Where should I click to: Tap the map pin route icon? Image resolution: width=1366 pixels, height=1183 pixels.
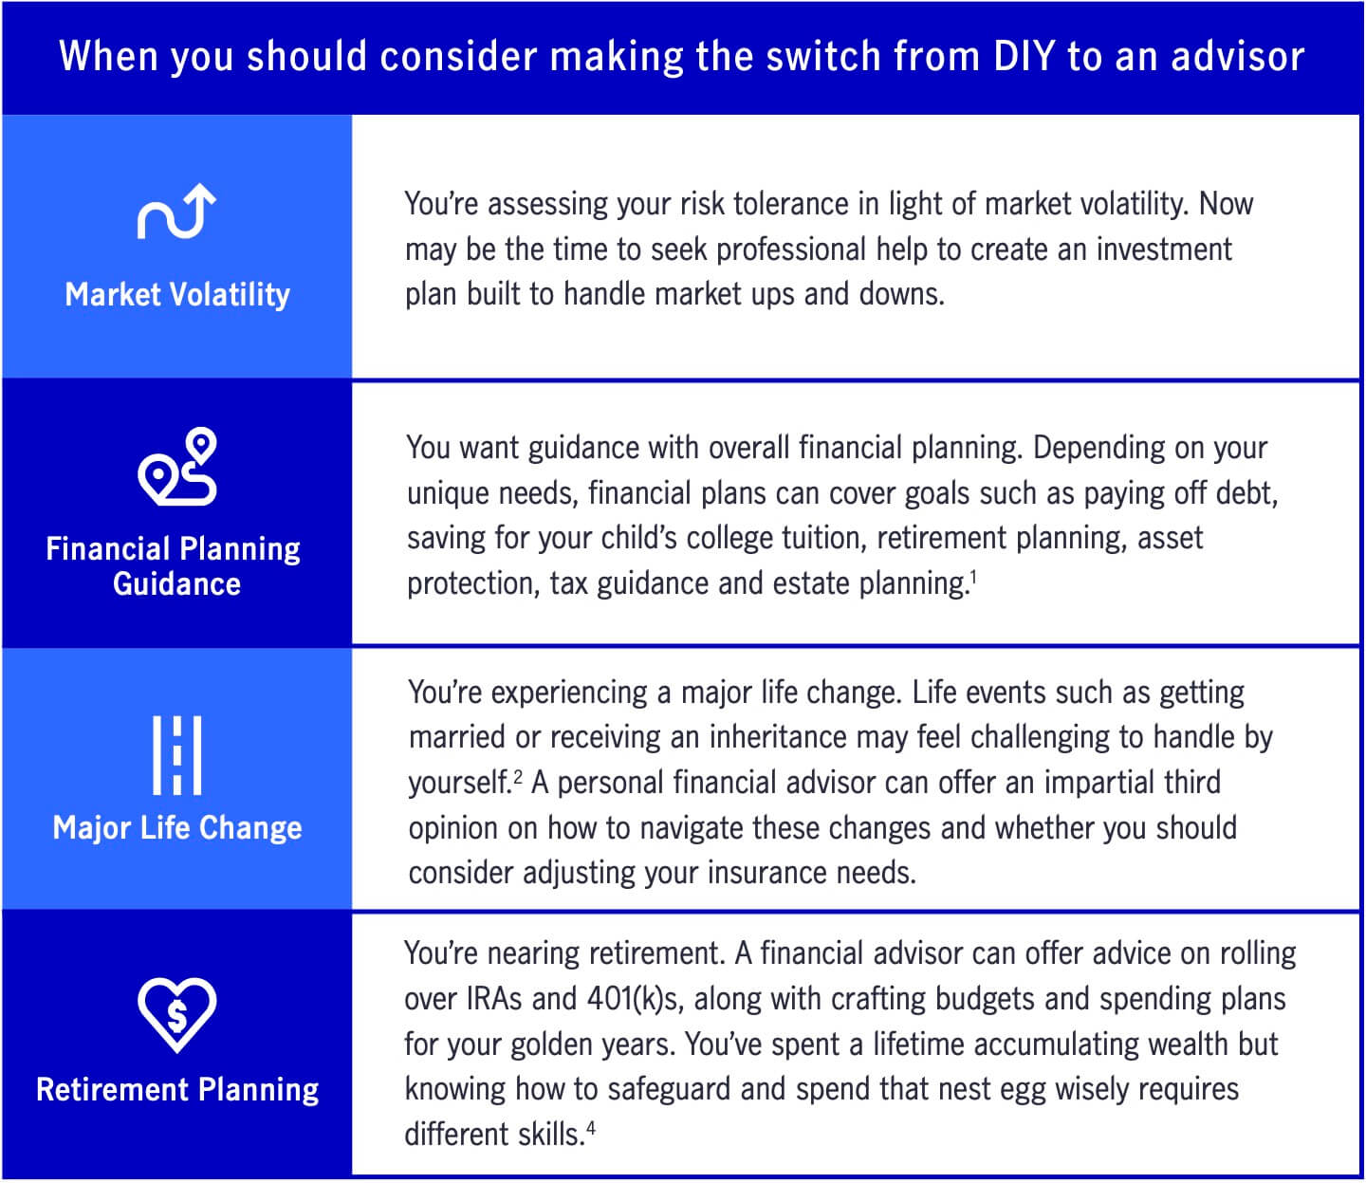click(x=177, y=466)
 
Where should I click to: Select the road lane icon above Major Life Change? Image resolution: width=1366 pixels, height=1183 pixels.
click(x=177, y=755)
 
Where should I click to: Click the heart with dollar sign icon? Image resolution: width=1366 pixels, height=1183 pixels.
click(x=177, y=1014)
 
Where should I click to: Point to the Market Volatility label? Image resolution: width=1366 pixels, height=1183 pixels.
click(x=177, y=295)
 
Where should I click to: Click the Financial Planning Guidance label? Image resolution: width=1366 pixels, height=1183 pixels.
click(x=175, y=566)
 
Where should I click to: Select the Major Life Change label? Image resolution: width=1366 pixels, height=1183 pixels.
click(x=177, y=828)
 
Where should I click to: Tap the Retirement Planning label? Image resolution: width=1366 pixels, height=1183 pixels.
click(x=177, y=1090)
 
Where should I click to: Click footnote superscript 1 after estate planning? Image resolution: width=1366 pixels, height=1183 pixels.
click(x=973, y=574)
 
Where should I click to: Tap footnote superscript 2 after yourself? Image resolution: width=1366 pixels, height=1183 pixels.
click(x=518, y=775)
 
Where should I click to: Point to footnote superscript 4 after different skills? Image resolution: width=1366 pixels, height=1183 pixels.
click(x=591, y=1128)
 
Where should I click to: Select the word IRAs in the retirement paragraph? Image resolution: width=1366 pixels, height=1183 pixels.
click(x=494, y=999)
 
